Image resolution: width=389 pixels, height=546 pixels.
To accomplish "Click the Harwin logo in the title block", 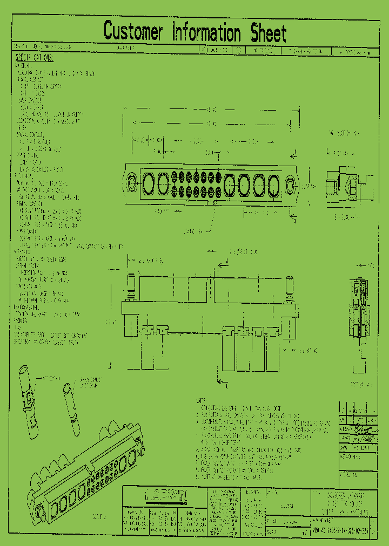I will point(166,494).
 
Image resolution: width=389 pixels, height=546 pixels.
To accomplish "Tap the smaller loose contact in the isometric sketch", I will point(72,410).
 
